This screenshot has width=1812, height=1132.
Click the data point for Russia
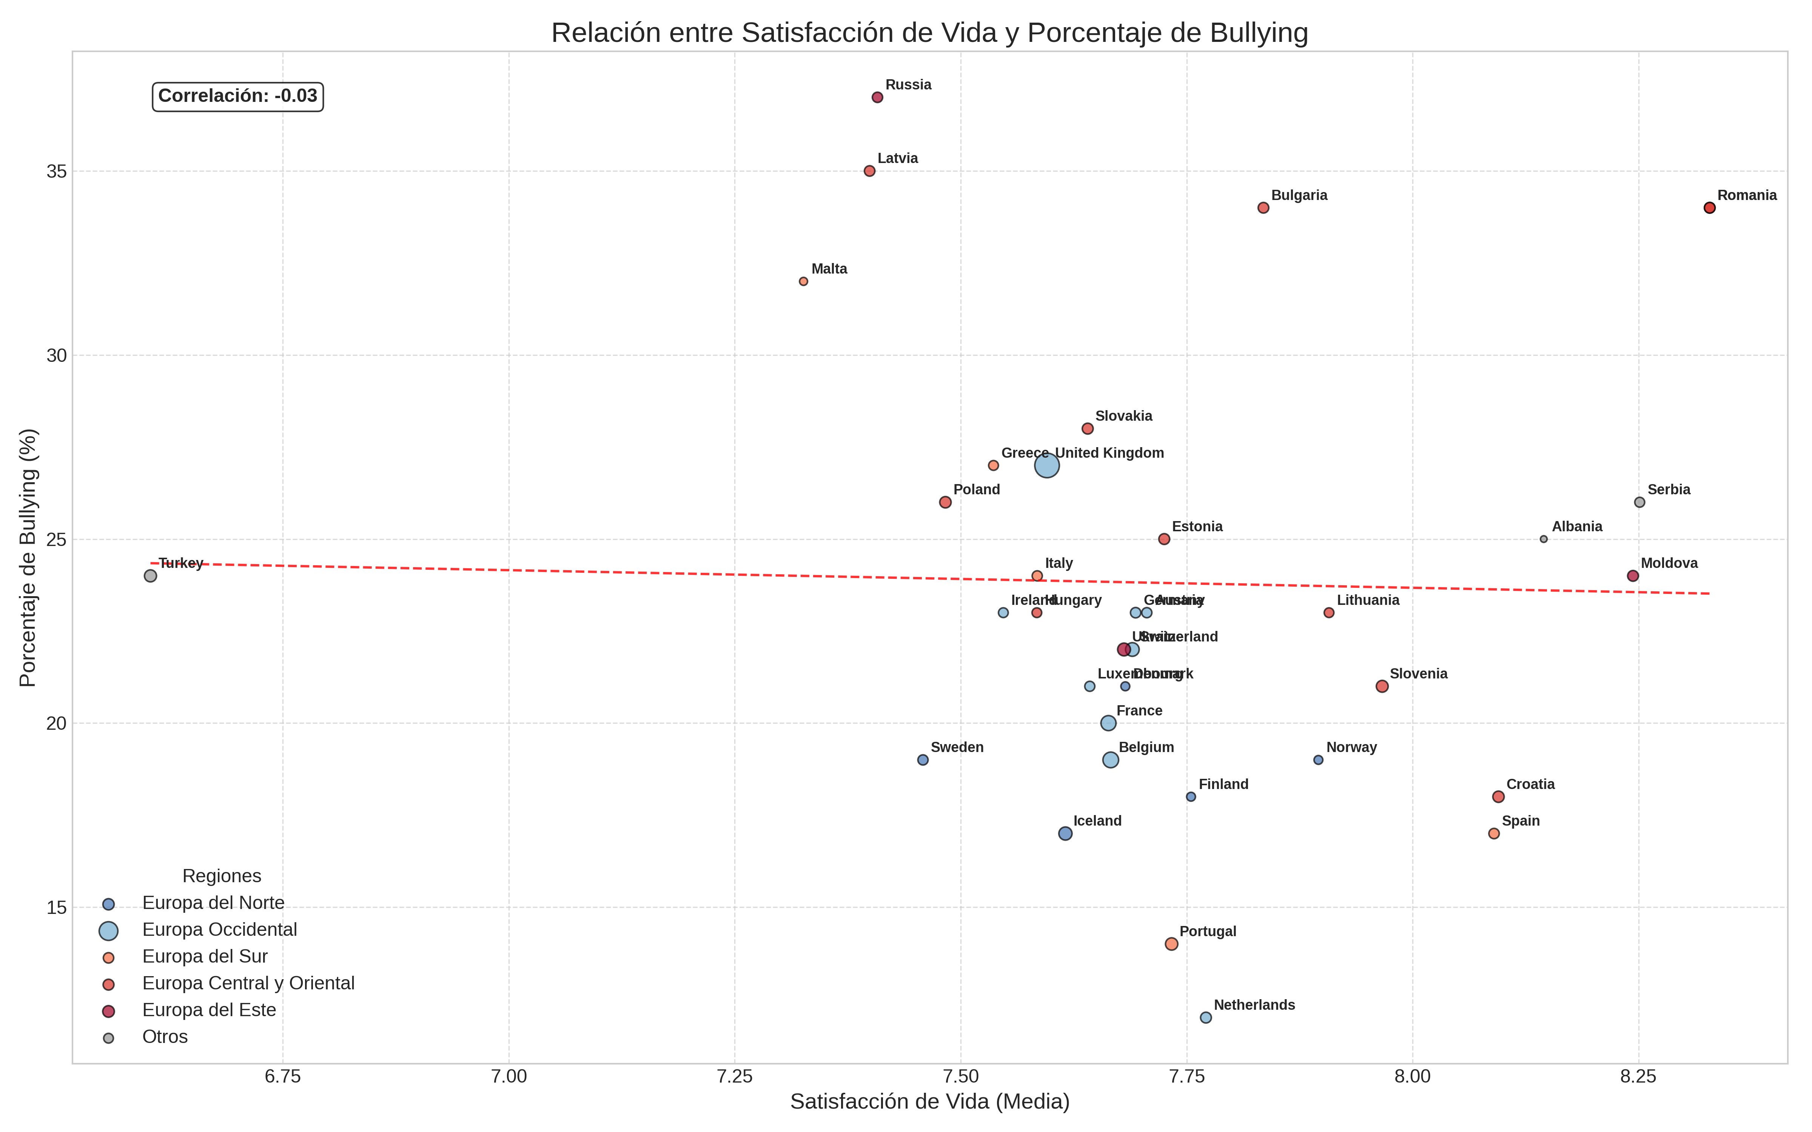point(878,97)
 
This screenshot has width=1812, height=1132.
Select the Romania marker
point(1709,208)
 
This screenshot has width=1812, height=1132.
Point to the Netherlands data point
point(1205,1017)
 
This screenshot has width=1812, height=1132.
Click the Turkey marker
point(151,576)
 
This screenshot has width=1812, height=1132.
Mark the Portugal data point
point(1172,944)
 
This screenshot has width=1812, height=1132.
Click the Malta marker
point(803,281)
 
